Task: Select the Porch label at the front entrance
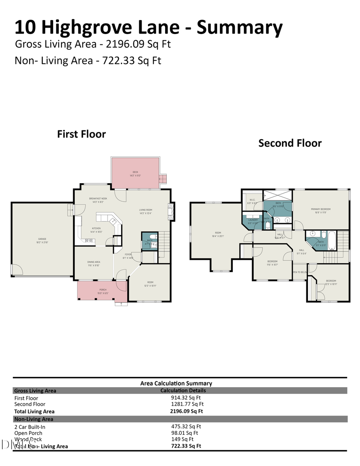102,291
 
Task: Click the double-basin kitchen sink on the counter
89,240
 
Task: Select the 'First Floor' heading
82,134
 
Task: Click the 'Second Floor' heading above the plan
290,143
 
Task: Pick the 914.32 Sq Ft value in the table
186,398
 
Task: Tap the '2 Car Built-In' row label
30,427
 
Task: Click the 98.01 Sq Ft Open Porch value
184,433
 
